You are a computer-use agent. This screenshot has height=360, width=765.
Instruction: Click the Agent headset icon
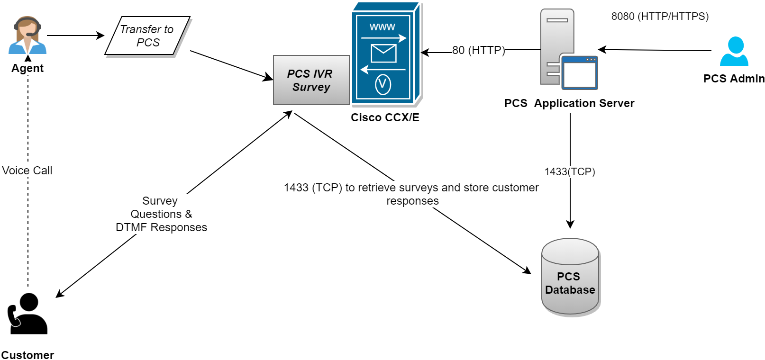click(27, 35)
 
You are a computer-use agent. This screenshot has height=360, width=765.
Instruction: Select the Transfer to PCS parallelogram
click(147, 36)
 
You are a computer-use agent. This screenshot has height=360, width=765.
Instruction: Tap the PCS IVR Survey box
click(311, 80)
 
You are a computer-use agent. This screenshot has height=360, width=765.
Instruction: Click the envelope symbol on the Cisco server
click(383, 54)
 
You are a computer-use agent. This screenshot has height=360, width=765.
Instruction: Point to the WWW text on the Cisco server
click(382, 27)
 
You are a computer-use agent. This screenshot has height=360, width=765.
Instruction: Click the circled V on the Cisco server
click(383, 84)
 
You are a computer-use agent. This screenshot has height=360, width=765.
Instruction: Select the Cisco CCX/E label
click(385, 117)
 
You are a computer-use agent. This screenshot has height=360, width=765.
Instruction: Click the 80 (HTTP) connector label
click(479, 50)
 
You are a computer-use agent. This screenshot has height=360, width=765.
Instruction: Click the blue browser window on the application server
click(580, 73)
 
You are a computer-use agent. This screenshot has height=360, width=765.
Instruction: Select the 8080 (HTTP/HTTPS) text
click(660, 17)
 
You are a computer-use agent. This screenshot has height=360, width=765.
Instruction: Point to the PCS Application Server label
click(569, 103)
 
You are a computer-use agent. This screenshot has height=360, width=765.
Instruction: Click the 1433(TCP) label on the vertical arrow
click(570, 171)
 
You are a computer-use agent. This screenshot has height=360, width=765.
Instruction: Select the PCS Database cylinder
click(570, 277)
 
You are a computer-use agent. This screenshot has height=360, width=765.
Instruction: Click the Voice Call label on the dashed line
click(27, 171)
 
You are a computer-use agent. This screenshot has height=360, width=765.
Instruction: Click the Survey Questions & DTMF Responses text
click(161, 214)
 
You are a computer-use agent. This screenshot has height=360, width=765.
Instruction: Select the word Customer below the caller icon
click(27, 355)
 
